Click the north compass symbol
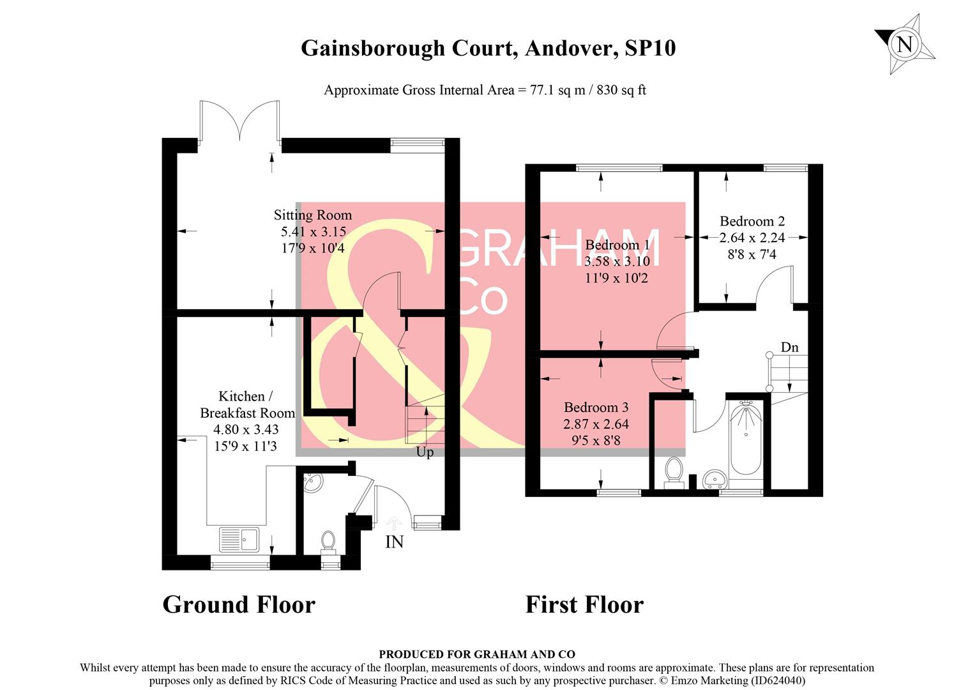pyautogui.click(x=905, y=45)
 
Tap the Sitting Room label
pyautogui.click(x=313, y=215)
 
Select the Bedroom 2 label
pyautogui.click(x=752, y=222)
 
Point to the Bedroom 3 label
pyautogui.click(x=596, y=408)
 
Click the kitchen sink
pyautogui.click(x=239, y=539)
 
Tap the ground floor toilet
pyautogui.click(x=328, y=542)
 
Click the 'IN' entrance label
pyautogui.click(x=394, y=542)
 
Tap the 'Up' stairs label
pyautogui.click(x=425, y=452)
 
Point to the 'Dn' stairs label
pyautogui.click(x=789, y=348)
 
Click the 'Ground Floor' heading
pyautogui.click(x=239, y=604)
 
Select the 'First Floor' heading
pyautogui.click(x=584, y=604)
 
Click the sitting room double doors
pyautogui.click(x=239, y=121)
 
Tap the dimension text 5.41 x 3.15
pyautogui.click(x=313, y=232)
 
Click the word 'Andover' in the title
pyautogui.click(x=571, y=48)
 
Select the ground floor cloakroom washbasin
pyautogui.click(x=312, y=482)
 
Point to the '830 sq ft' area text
pyautogui.click(x=621, y=90)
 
